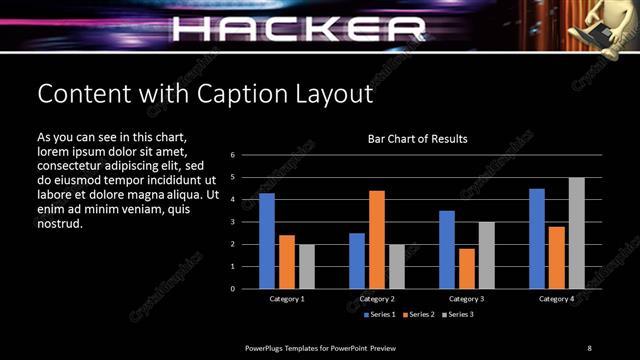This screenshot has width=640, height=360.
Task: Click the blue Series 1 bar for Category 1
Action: tap(267, 241)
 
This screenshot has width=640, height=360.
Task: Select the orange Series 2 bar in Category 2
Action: tap(377, 239)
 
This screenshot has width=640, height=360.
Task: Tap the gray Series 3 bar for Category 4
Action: tap(577, 233)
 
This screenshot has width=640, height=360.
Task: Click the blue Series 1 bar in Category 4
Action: tap(537, 238)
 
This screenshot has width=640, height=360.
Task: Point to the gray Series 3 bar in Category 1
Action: tap(307, 266)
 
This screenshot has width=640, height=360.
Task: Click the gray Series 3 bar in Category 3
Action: tap(487, 255)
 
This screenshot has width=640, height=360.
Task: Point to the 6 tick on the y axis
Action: tap(232, 155)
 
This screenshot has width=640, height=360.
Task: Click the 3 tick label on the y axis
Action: tap(232, 222)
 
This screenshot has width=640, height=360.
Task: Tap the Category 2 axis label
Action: tap(377, 299)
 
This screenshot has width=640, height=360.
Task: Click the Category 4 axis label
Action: tap(557, 299)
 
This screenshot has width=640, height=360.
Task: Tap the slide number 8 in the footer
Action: tap(589, 347)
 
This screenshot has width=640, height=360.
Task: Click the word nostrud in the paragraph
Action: tap(59, 223)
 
